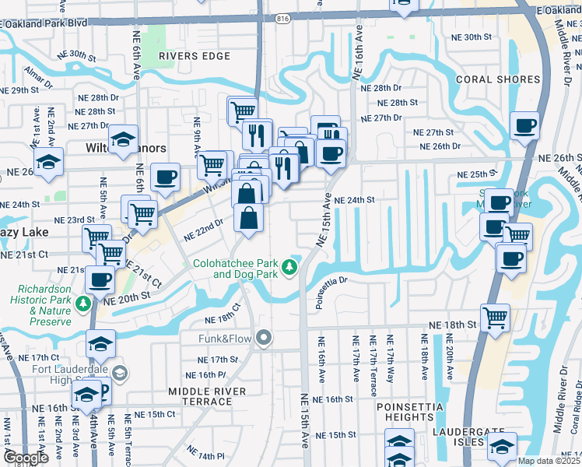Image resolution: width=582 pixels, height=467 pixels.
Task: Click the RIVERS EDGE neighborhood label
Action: tap(194, 56)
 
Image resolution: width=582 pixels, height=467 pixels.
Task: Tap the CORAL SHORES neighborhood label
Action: tap(498, 79)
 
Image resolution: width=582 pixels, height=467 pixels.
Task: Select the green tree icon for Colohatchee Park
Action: tap(290, 268)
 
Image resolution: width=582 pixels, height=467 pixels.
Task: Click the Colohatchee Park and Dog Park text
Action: tap(236, 269)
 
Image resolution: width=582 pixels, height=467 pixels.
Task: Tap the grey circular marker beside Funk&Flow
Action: tap(265, 338)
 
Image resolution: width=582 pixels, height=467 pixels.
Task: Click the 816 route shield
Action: tap(282, 17)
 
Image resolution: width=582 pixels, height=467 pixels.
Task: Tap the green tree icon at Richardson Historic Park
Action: tap(82, 301)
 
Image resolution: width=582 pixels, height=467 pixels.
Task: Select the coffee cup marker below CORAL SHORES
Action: tap(524, 125)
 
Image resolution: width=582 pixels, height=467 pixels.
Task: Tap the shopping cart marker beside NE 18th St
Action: tap(495, 317)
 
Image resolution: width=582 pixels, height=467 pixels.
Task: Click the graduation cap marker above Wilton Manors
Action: tap(123, 139)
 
